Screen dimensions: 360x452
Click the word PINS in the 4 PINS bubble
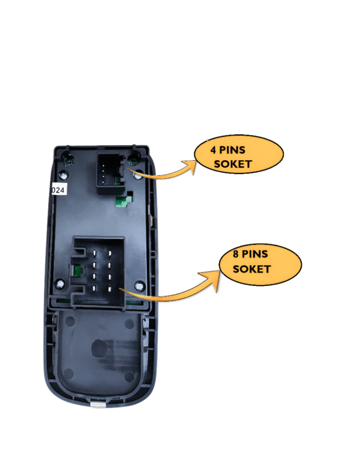point(232,150)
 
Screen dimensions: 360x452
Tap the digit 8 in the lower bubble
point(236,254)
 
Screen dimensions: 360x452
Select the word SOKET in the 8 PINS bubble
point(251,269)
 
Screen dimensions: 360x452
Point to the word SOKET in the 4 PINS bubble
point(233,164)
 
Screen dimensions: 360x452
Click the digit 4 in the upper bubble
point(213,150)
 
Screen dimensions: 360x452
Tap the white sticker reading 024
point(59,190)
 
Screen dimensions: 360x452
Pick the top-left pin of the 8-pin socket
point(94,254)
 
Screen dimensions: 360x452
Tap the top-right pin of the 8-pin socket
point(110,254)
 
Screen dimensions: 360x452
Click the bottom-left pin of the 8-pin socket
point(94,288)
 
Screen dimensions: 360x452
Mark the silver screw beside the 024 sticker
point(63,175)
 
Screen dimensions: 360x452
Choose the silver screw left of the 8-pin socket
point(60,285)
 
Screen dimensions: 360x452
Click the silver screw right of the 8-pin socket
point(139,286)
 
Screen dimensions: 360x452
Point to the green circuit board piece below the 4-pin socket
point(124,201)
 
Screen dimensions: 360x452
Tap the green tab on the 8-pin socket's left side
point(77,270)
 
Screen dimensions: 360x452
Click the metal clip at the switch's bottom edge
point(99,405)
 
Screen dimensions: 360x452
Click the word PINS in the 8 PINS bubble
point(255,254)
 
